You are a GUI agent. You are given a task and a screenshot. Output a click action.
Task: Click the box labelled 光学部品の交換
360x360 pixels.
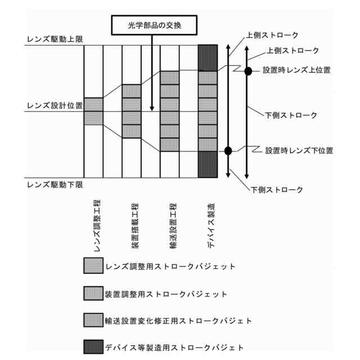152,25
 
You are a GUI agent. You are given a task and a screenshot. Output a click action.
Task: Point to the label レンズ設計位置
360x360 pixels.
55,105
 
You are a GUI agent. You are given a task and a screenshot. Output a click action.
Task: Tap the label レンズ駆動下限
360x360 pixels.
55,184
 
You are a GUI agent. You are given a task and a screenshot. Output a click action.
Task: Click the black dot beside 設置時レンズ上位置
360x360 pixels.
247,71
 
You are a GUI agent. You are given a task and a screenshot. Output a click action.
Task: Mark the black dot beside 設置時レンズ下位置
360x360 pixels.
228,150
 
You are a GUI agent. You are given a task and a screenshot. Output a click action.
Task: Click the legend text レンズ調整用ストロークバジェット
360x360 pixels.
170,265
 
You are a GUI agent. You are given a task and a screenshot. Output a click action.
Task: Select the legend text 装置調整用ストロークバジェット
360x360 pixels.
166,294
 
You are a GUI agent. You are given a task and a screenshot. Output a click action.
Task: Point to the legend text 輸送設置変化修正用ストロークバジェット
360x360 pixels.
178,321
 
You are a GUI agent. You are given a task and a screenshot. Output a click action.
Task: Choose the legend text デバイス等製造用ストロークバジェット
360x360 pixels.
174,347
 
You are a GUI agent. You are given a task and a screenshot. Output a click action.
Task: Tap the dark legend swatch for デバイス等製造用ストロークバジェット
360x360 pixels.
93,347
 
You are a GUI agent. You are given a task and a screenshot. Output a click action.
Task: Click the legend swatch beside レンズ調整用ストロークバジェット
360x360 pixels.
93,265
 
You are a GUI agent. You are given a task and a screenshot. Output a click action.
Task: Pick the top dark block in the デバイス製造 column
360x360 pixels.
208,58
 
